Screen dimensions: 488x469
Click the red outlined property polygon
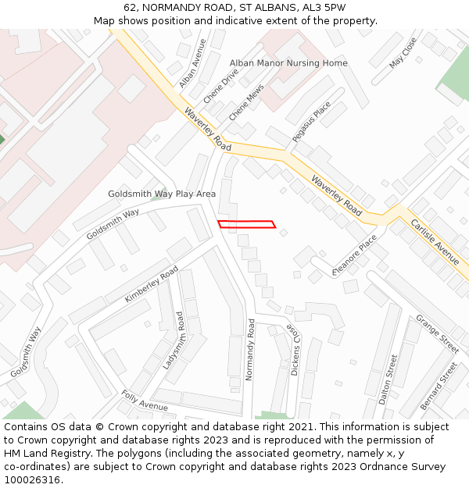click(x=246, y=224)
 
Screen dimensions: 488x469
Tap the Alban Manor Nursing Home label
click(x=288, y=63)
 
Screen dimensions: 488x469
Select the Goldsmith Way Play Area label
click(x=162, y=194)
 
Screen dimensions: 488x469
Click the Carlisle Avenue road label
click(x=435, y=242)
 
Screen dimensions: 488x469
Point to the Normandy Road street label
click(x=250, y=349)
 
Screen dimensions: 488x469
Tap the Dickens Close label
click(x=294, y=349)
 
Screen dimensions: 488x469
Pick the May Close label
click(x=403, y=52)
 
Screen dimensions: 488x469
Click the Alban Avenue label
click(x=192, y=63)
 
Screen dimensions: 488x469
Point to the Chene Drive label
click(x=220, y=86)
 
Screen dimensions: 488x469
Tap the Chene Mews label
click(x=246, y=104)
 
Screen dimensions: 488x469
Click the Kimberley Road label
click(x=152, y=284)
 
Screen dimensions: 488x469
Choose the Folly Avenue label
click(x=144, y=401)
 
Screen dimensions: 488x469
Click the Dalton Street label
click(x=388, y=379)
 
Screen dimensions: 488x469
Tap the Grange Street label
click(x=437, y=333)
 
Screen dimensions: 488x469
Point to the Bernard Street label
click(x=439, y=386)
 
